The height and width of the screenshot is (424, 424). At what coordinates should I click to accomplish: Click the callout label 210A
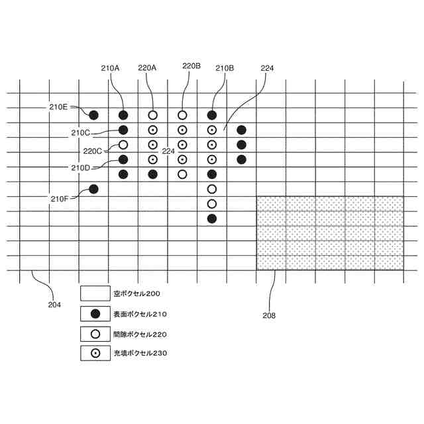click(110, 68)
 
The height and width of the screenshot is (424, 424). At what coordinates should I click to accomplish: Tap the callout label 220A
click(147, 68)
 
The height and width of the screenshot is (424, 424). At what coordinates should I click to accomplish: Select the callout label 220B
click(191, 66)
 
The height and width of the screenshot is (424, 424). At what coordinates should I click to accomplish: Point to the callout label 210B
click(225, 68)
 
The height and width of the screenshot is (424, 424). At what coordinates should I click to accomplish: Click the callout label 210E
click(58, 107)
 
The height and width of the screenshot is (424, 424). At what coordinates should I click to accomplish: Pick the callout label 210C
click(80, 132)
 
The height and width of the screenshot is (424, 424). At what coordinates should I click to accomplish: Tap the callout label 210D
click(81, 167)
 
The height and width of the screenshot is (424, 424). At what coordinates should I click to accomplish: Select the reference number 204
click(54, 305)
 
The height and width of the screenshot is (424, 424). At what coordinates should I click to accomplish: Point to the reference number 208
click(268, 315)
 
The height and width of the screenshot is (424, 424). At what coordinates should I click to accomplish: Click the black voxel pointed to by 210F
click(93, 189)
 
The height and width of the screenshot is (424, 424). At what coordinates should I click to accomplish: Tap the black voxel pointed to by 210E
click(93, 115)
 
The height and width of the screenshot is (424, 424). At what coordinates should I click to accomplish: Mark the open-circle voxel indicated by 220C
click(123, 144)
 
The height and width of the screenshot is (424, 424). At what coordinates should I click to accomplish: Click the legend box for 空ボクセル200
click(95, 293)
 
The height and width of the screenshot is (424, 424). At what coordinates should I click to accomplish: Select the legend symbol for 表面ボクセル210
click(95, 313)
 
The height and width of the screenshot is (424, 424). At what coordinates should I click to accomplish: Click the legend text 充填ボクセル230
click(140, 353)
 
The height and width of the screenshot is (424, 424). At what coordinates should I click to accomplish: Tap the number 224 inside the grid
click(168, 151)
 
